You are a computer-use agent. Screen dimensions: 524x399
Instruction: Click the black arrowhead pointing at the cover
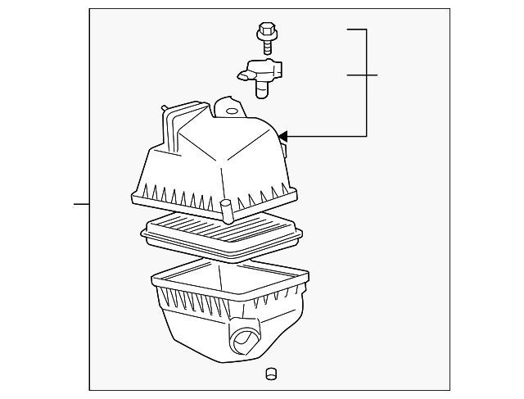coord(282,135)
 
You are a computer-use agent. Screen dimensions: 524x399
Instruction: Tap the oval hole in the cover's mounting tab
coord(231,111)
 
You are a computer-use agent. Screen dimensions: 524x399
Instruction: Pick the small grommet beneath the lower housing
coord(270,375)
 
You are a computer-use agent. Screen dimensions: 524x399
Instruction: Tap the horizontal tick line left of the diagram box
coord(81,202)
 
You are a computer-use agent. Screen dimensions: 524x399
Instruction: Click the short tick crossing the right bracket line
coord(362,75)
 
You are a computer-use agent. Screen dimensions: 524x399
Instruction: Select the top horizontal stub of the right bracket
coord(356,29)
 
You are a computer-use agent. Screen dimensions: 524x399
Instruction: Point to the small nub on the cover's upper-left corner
coord(165,107)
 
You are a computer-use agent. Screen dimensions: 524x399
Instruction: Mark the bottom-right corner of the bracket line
coord(366,135)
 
